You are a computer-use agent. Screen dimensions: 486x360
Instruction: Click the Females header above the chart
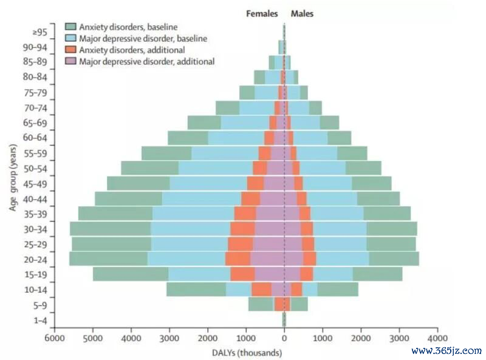262,13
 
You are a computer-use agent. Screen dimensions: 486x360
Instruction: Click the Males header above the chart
302,13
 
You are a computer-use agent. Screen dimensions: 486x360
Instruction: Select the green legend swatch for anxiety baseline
70,26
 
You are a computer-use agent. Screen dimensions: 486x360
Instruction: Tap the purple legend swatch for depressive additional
70,61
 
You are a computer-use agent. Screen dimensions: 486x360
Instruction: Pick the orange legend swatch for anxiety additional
70,50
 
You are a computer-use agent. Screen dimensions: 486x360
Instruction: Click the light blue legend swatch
70,38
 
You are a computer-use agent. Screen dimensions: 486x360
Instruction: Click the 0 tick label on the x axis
284,338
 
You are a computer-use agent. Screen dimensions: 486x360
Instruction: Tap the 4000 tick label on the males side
437,338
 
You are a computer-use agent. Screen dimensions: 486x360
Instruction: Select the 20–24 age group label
35,259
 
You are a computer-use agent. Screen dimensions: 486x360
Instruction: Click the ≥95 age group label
39,32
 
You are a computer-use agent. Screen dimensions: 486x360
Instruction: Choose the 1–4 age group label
40,320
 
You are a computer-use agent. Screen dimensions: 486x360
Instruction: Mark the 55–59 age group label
35,154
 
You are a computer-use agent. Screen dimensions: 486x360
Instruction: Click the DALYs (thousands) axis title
247,353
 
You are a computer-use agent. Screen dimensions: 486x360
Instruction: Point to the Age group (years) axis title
13,177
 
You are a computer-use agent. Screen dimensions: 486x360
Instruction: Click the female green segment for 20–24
109,259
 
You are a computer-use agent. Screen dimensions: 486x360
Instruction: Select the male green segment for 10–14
338,289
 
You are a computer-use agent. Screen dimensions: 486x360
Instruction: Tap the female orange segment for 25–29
241,243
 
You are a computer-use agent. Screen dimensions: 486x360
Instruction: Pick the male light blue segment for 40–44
332,199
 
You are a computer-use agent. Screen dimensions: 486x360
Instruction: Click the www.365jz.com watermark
447,351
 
